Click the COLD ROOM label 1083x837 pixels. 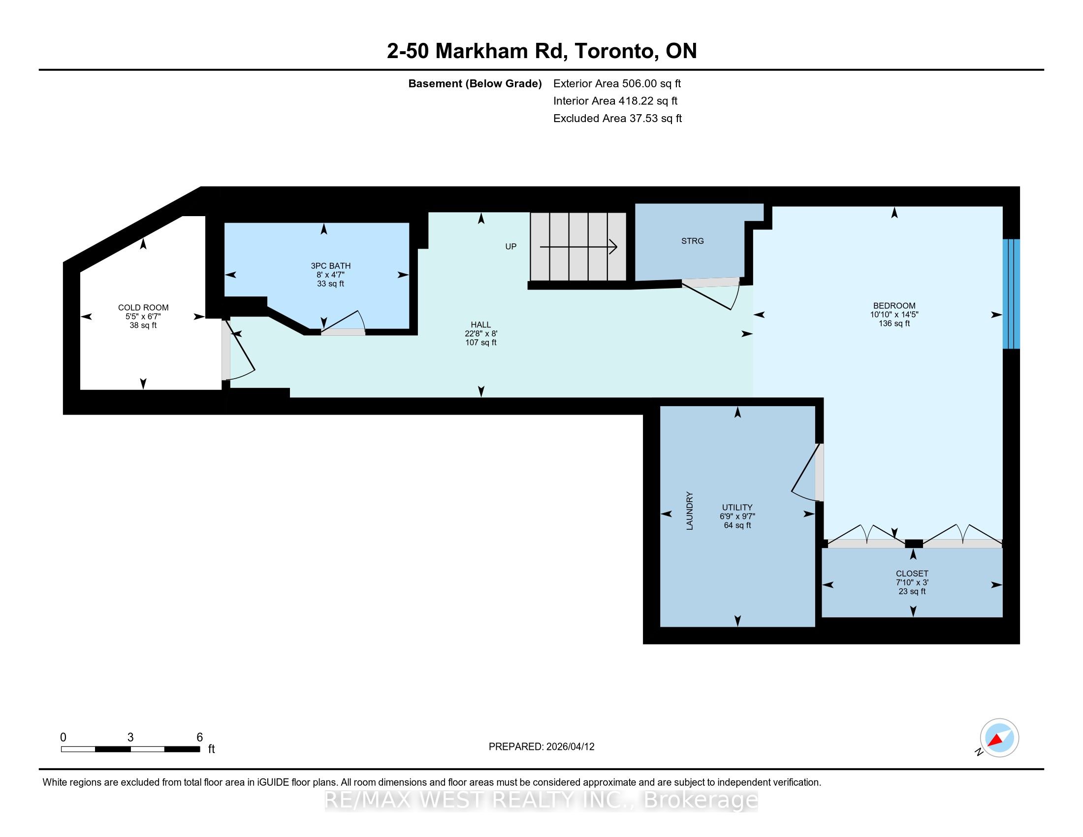(143, 307)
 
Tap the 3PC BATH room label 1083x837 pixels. (331, 266)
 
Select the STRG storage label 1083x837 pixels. (692, 241)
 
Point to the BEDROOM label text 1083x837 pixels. (894, 305)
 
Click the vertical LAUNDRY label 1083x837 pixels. (689, 511)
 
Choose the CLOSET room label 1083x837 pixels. (912, 573)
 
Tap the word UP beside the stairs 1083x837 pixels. (511, 247)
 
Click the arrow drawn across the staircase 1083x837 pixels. (578, 247)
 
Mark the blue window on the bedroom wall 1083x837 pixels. (1011, 294)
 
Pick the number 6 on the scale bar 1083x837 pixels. (199, 738)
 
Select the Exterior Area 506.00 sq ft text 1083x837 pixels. (617, 84)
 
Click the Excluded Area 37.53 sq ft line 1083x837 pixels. (617, 119)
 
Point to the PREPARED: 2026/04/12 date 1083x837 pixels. (541, 747)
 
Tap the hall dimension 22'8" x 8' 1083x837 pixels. (480, 334)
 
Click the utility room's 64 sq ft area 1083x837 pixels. (737, 525)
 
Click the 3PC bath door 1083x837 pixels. (343, 323)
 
